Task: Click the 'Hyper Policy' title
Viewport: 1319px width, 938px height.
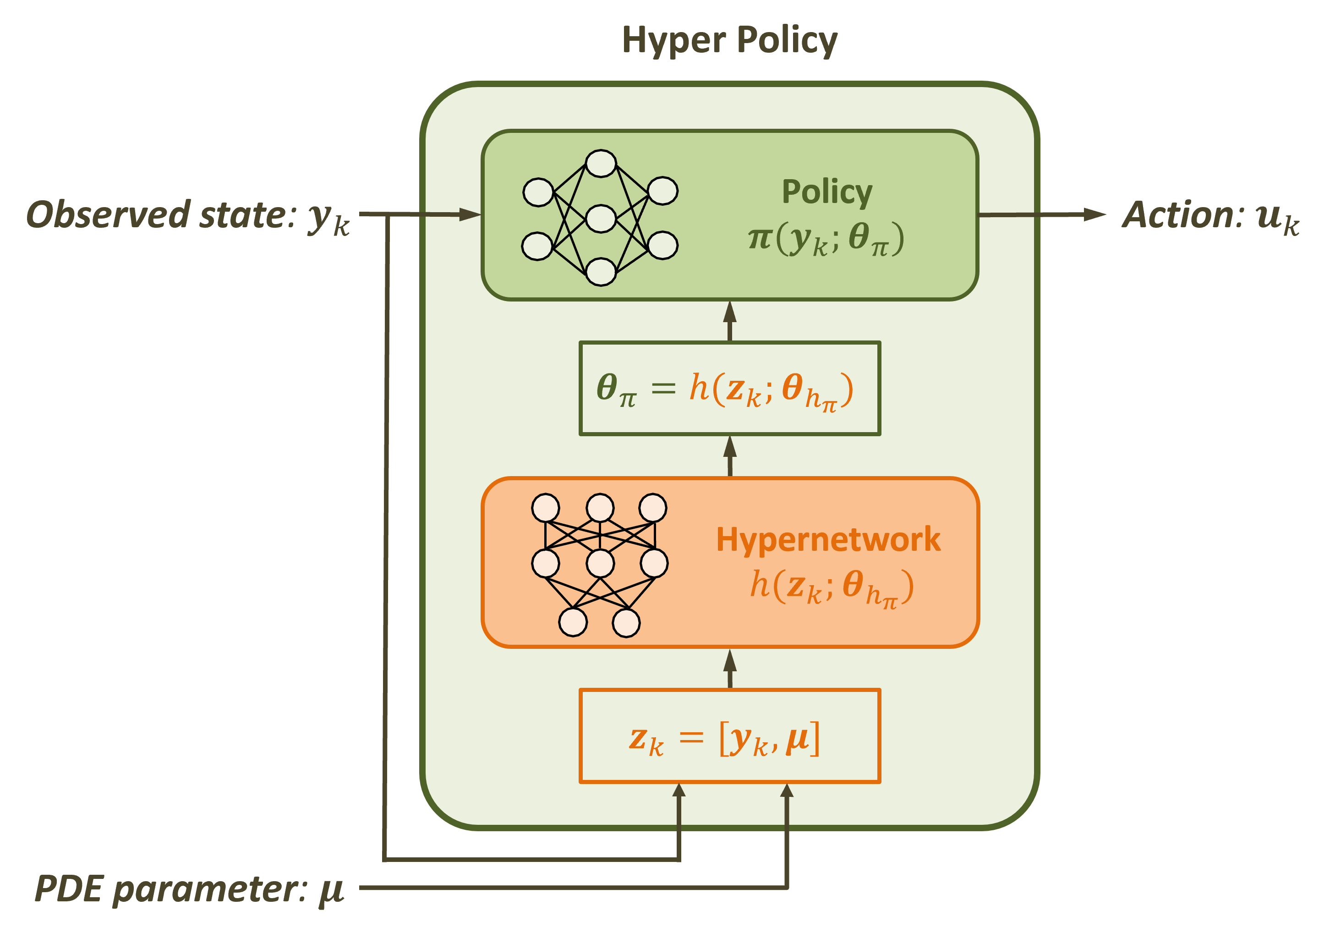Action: point(729,40)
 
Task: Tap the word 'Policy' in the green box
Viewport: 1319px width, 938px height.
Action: point(826,192)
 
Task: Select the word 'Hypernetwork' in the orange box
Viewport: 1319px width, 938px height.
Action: point(828,539)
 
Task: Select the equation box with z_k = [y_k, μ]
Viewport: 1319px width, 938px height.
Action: point(729,736)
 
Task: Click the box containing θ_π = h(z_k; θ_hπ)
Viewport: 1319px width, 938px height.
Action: point(729,388)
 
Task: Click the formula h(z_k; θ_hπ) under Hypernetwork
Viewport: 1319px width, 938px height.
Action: point(831,587)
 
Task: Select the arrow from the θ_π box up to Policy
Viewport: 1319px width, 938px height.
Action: point(730,321)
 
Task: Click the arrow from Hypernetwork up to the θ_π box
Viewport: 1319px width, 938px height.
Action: point(730,456)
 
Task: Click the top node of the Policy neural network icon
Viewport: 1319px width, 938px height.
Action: point(601,164)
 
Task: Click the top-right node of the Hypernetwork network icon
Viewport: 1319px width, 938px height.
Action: point(652,508)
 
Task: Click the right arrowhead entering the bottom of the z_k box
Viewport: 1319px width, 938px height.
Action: point(787,792)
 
